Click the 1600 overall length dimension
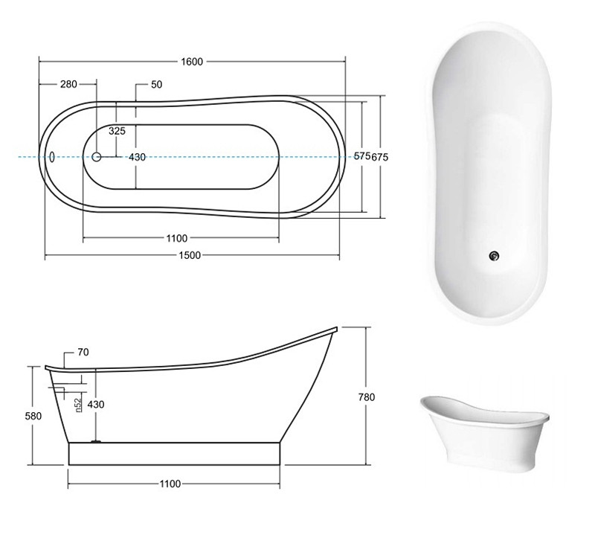coord(192,62)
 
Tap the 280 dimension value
coord(68,84)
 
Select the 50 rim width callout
coord(157,84)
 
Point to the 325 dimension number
coord(117,131)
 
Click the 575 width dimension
coord(362,155)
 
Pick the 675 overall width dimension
coord(380,157)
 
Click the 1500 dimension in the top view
coord(190,255)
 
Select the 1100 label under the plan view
coord(177,238)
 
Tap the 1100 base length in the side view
coord(170,484)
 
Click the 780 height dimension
coord(367,397)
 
